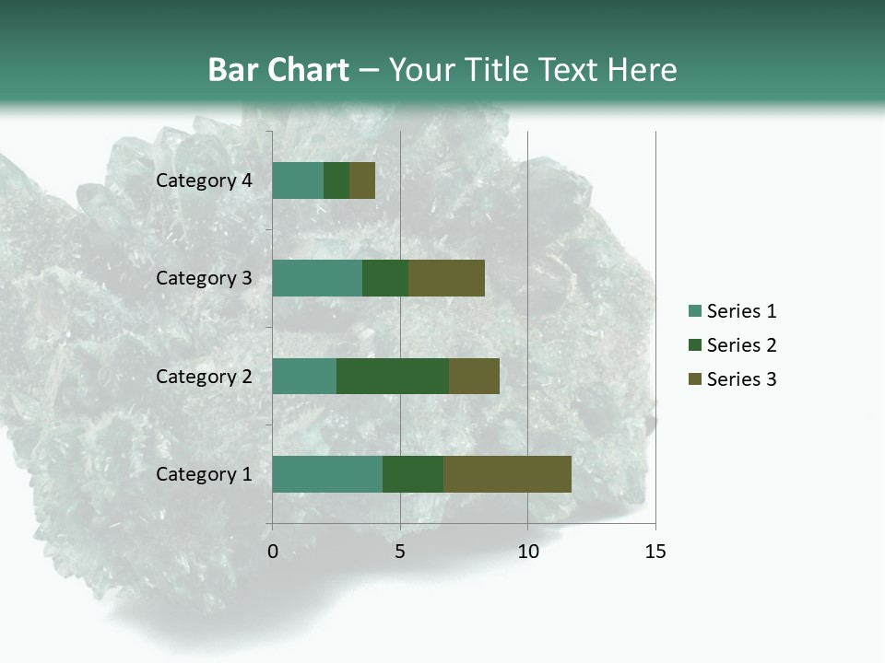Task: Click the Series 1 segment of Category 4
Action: [x=298, y=180]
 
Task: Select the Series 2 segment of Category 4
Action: [x=336, y=180]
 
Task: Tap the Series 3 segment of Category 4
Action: [x=362, y=180]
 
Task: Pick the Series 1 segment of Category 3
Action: [x=317, y=278]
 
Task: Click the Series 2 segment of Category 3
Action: [x=385, y=278]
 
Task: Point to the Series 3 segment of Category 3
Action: [x=446, y=278]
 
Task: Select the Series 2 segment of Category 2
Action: [x=393, y=376]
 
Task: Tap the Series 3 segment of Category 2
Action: [x=474, y=376]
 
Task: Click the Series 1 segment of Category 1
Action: [x=327, y=474]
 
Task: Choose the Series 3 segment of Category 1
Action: [x=507, y=474]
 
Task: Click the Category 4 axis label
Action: [x=204, y=180]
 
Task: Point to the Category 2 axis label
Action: [x=204, y=376]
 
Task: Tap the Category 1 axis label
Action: [x=204, y=474]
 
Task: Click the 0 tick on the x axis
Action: [x=273, y=552]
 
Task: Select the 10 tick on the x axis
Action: [x=527, y=552]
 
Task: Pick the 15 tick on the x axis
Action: [x=655, y=552]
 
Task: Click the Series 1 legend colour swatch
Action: [x=694, y=311]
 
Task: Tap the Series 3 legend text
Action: [x=741, y=379]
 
